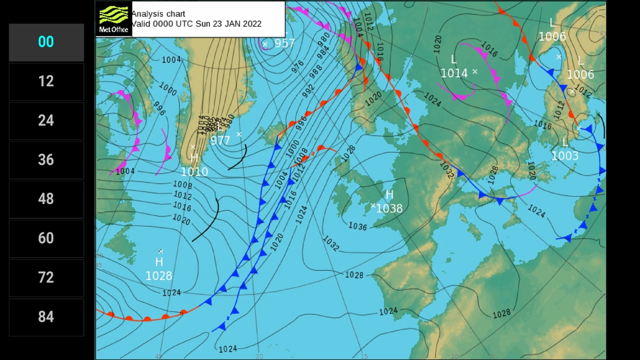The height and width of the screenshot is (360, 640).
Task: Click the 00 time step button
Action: tap(46, 42)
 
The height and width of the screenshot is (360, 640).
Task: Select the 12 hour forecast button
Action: tap(46, 81)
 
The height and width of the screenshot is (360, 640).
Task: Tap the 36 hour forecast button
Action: tap(46, 160)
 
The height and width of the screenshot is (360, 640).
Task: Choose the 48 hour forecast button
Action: tap(46, 199)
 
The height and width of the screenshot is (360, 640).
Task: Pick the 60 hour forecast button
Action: tap(46, 238)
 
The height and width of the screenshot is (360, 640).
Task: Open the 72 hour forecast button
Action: tap(46, 277)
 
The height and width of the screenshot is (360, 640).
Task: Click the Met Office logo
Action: tap(113, 19)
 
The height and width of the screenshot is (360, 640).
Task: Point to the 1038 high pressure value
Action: tap(390, 209)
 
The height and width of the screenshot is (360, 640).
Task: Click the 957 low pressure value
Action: tap(284, 43)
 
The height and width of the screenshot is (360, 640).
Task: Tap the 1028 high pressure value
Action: tap(158, 276)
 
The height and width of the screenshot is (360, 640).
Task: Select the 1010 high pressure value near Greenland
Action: tap(194, 172)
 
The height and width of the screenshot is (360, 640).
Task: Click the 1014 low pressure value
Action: tap(454, 73)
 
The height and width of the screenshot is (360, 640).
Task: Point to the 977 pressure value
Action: tap(220, 141)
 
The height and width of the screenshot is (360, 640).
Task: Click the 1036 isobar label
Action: tap(357, 226)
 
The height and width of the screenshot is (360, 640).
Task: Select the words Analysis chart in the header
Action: tap(158, 14)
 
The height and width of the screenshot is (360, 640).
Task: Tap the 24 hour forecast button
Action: tap(46, 121)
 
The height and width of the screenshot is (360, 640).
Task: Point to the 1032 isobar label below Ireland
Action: tap(330, 243)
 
